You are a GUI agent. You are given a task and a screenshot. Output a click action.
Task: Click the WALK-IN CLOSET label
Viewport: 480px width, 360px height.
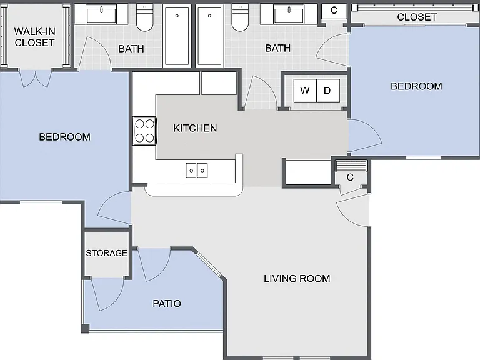point(34,37)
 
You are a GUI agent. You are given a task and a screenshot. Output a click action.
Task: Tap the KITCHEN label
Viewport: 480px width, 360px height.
point(195,128)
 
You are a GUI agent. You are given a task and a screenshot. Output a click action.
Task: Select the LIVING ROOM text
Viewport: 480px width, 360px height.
point(297,279)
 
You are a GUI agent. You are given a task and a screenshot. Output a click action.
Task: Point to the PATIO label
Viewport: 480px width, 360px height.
point(167,304)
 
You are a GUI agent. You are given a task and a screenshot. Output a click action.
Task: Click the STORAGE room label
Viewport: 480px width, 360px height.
point(106,253)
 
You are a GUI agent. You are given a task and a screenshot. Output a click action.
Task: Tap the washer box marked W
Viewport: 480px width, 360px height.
point(305,91)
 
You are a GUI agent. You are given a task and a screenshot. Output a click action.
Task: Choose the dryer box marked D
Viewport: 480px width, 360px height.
point(328,91)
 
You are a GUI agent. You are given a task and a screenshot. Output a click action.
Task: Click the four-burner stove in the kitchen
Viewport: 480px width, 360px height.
point(145,131)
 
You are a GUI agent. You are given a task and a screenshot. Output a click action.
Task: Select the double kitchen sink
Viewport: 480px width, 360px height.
point(196,170)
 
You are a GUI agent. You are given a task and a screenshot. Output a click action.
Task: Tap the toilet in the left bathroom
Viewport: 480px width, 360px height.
point(145,17)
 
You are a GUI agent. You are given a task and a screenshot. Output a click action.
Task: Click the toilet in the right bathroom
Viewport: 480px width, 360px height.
point(240,17)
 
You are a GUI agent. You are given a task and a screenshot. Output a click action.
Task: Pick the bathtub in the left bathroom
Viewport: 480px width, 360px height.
point(177,36)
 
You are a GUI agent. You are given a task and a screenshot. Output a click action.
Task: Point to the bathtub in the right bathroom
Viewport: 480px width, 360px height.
point(209,36)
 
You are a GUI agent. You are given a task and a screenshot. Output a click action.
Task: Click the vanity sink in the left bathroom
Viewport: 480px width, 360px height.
point(101,14)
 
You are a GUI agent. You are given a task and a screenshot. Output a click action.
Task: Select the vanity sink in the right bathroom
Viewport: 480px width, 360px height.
point(289,14)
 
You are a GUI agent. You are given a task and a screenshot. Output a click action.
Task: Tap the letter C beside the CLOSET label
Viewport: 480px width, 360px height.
point(334,11)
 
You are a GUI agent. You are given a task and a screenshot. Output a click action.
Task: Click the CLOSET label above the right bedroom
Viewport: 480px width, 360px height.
point(417,17)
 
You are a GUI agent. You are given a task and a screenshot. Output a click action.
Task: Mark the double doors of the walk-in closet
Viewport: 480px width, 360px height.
point(36,79)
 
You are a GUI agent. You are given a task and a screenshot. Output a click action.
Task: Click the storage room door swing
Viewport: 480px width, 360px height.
point(107,293)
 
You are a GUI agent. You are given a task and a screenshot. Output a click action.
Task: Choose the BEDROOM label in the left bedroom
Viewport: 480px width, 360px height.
point(64,137)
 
